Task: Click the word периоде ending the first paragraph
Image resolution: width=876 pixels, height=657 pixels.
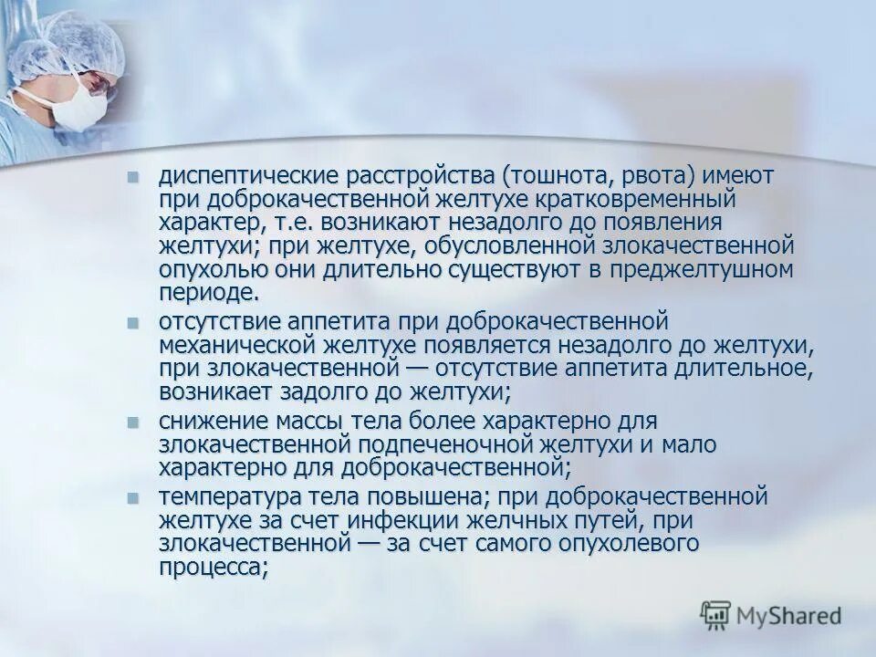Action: (207, 293)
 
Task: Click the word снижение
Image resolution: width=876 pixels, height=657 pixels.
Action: (211, 421)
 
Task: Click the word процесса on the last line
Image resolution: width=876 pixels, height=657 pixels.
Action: (212, 568)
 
